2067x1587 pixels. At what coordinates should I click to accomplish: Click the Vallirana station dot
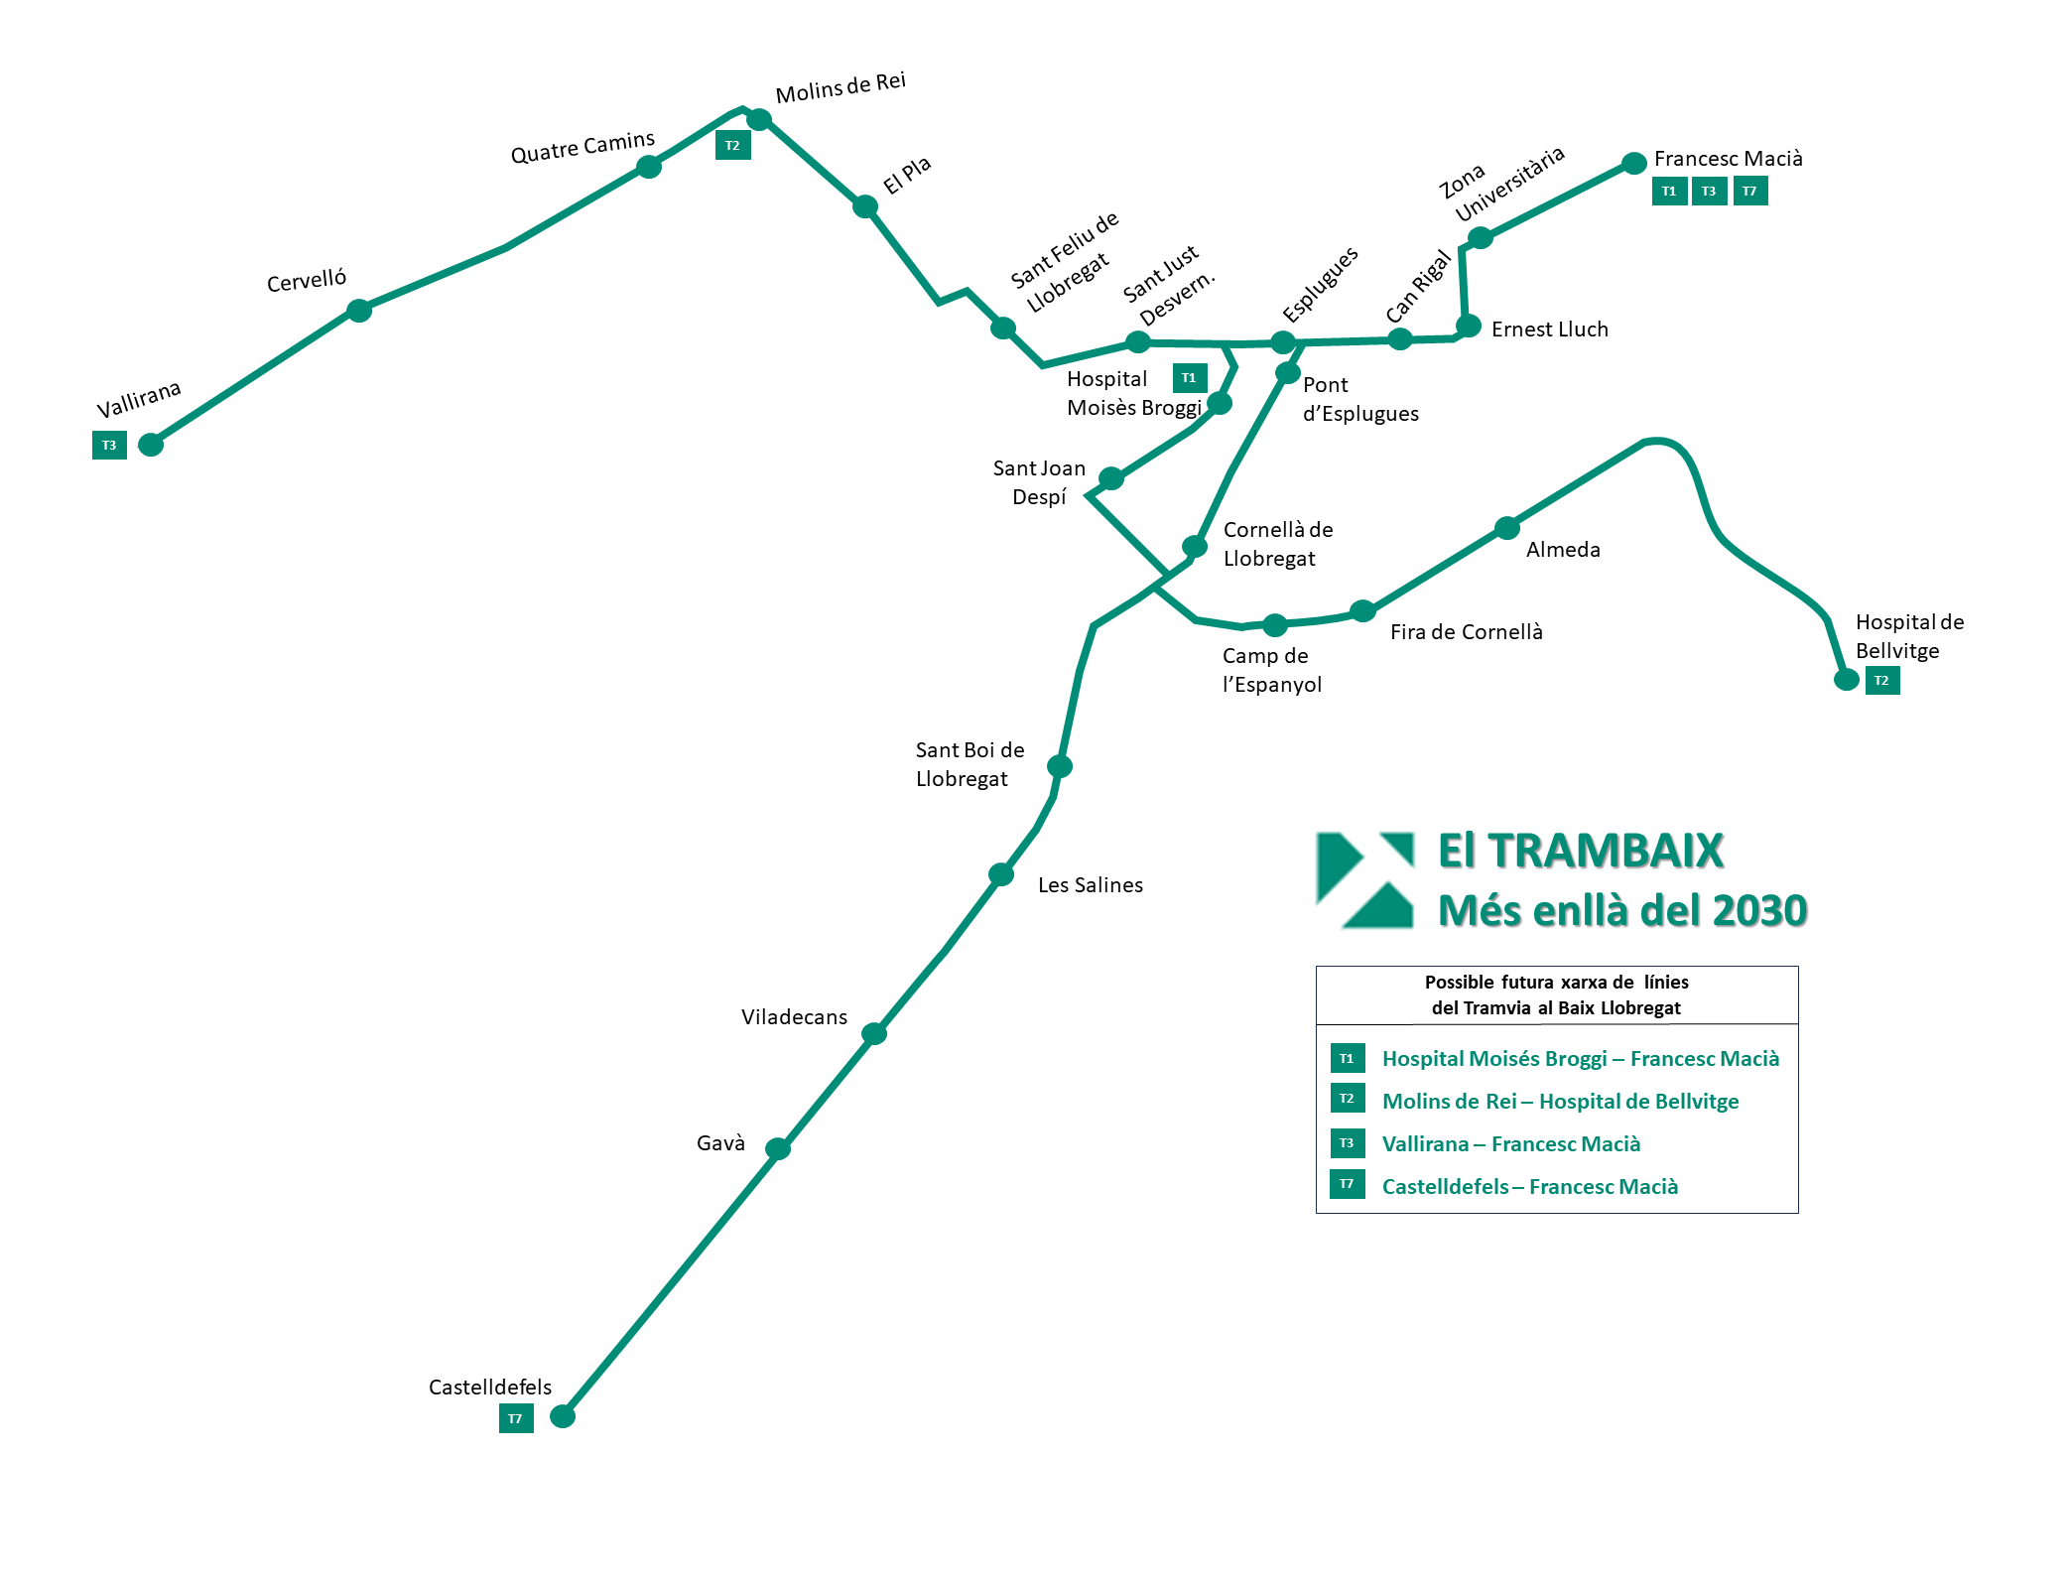point(151,445)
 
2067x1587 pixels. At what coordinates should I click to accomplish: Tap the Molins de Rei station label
point(840,87)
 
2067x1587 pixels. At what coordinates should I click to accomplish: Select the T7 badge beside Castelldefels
point(516,1418)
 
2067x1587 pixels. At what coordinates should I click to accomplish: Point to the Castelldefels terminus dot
point(563,1416)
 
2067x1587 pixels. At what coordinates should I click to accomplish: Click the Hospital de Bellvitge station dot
point(1846,680)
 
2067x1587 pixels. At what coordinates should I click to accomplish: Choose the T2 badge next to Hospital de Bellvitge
point(1882,680)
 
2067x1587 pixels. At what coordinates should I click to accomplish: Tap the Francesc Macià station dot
point(1634,163)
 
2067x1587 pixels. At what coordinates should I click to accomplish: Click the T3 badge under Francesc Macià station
point(1709,192)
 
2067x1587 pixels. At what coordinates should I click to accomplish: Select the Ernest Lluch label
point(1549,330)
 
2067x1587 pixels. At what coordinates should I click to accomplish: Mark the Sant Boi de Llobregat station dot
point(1060,766)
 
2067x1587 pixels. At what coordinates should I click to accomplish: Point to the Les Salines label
point(1090,885)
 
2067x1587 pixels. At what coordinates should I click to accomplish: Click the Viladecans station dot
point(874,1034)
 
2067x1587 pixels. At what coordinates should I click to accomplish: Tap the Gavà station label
point(720,1143)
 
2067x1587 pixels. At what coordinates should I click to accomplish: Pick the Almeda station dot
point(1507,528)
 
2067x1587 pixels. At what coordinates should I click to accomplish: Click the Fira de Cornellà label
point(1466,632)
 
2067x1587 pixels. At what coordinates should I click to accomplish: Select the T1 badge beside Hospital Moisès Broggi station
point(1190,378)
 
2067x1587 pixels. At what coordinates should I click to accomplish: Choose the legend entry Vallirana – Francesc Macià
point(1510,1144)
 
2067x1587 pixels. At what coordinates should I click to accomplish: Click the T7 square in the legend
point(1347,1184)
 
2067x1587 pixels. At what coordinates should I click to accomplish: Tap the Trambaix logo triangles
point(1364,880)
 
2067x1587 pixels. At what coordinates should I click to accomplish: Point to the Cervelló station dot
point(359,312)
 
